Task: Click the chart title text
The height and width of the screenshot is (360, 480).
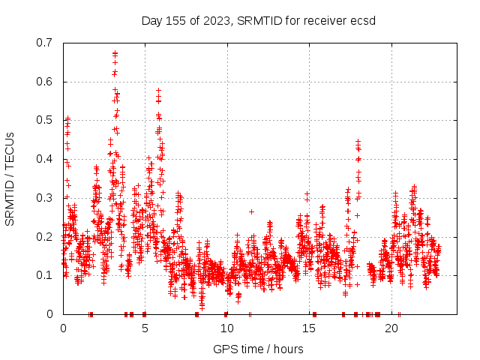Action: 259,20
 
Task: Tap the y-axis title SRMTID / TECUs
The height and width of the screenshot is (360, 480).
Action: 10,178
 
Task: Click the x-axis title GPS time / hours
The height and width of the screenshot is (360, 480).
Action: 259,349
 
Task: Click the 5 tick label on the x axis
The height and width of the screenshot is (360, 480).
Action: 145,328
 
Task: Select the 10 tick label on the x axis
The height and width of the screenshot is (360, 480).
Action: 227,328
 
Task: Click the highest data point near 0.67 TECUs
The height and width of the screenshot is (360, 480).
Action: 115,53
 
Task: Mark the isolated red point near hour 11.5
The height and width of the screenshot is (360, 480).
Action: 251,211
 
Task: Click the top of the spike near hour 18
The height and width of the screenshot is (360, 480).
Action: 358,141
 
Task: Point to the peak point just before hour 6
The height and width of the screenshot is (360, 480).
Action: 158,91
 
